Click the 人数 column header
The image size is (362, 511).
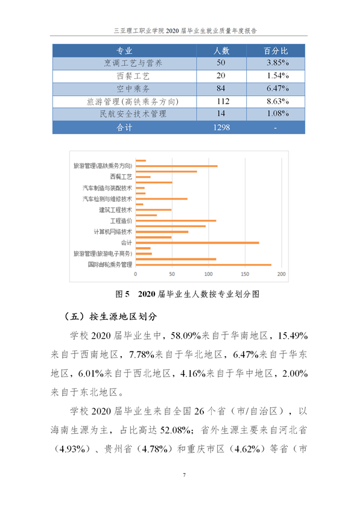[220, 51]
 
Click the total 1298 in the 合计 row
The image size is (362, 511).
[220, 128]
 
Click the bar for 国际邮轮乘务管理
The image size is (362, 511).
[203, 265]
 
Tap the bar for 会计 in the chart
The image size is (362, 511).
[197, 242]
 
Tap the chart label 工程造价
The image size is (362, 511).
[121, 221]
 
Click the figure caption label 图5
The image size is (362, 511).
[123, 295]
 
